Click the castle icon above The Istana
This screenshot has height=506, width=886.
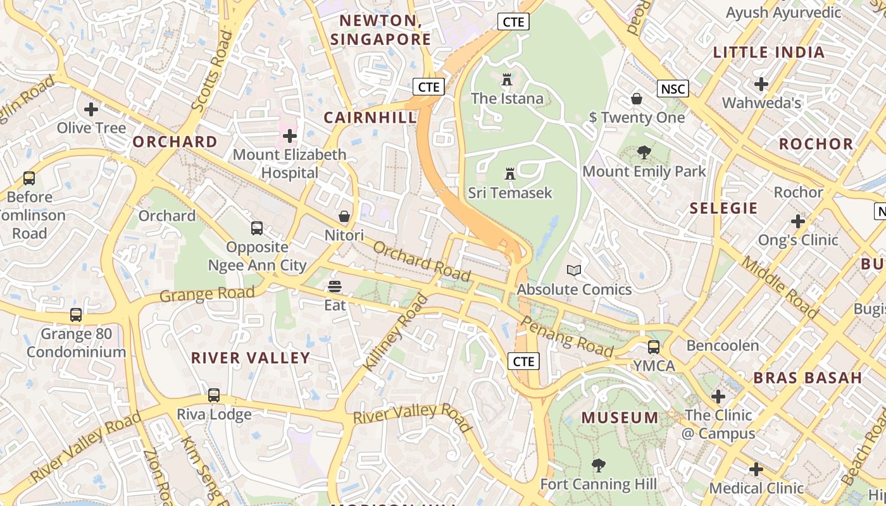pyautogui.click(x=506, y=80)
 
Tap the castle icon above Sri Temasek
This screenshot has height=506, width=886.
pyautogui.click(x=509, y=173)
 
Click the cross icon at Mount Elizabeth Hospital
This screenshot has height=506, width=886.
pyautogui.click(x=290, y=135)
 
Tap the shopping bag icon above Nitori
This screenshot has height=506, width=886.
pyautogui.click(x=344, y=217)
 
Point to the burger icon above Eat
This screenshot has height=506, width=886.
pyautogui.click(x=335, y=287)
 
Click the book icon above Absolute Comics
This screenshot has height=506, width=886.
pyautogui.click(x=574, y=271)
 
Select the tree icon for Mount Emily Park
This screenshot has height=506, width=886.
pyautogui.click(x=644, y=152)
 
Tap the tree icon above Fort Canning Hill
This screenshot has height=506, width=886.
pyautogui.click(x=598, y=466)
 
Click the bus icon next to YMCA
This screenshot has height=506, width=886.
pyautogui.click(x=654, y=347)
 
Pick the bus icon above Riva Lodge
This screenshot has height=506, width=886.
pyautogui.click(x=214, y=395)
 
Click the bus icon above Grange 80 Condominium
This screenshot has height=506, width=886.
pyautogui.click(x=76, y=314)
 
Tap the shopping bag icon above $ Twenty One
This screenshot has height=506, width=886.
pyautogui.click(x=637, y=99)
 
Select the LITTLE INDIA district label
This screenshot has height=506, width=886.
pyautogui.click(x=769, y=52)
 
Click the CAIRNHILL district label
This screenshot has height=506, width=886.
pyautogui.click(x=370, y=117)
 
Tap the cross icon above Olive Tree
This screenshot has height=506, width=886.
pyautogui.click(x=91, y=109)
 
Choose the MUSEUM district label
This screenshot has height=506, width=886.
pyautogui.click(x=620, y=417)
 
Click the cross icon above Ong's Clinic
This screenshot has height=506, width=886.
pyautogui.click(x=798, y=221)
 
